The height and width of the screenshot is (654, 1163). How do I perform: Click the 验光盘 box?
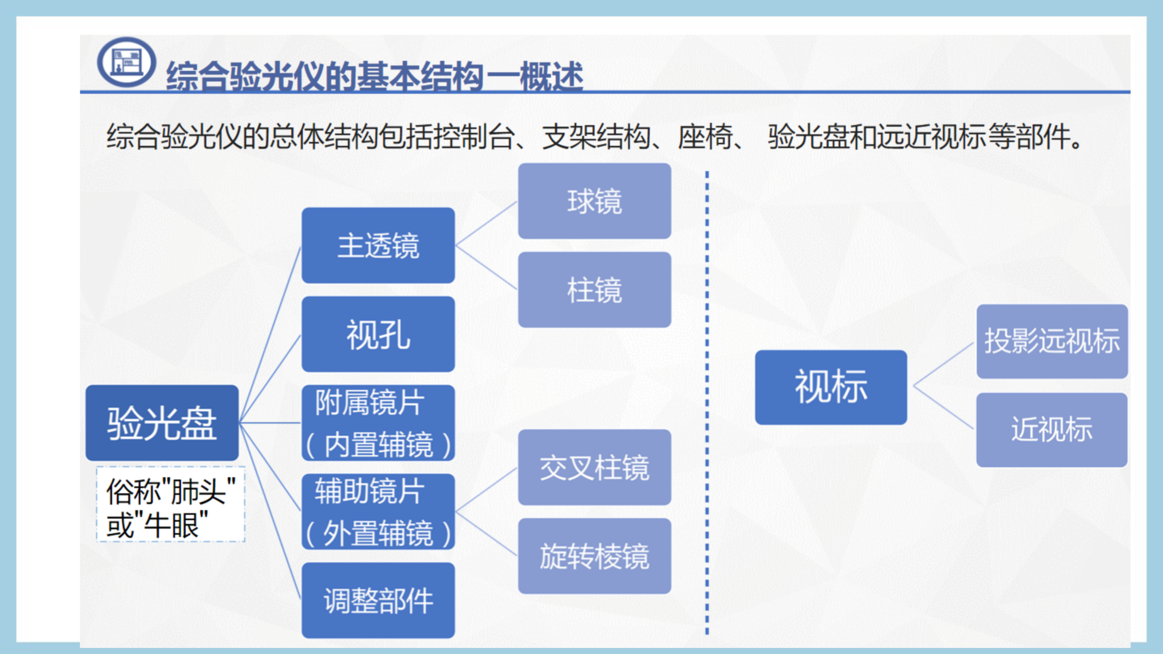(x=162, y=423)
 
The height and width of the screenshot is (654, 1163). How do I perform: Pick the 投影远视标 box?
(x=1052, y=341)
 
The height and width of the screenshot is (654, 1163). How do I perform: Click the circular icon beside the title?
(x=127, y=62)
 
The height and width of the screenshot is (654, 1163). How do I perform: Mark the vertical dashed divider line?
(x=707, y=403)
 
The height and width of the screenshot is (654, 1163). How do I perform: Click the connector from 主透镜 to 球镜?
(x=486, y=223)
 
